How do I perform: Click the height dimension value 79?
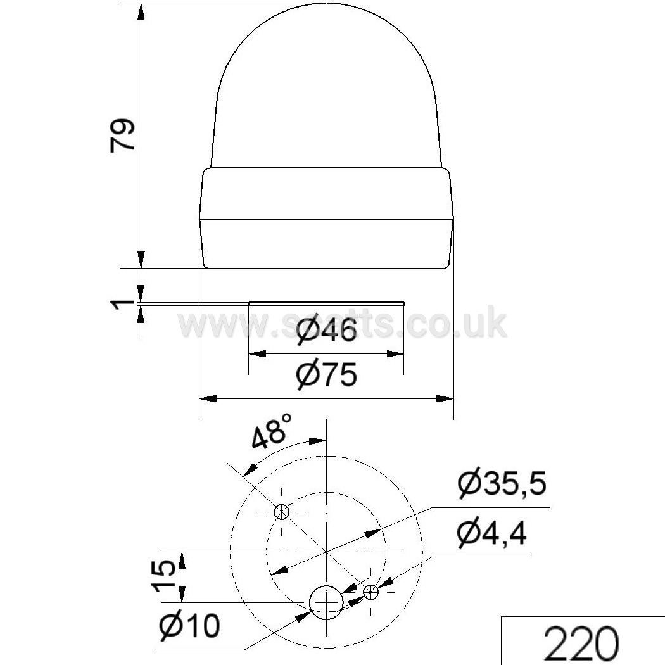[123, 134]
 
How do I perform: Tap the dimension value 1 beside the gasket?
[123, 304]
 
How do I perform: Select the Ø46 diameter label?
[326, 331]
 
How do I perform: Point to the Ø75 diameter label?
[326, 374]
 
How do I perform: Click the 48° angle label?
[272, 432]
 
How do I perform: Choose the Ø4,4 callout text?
[491, 533]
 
